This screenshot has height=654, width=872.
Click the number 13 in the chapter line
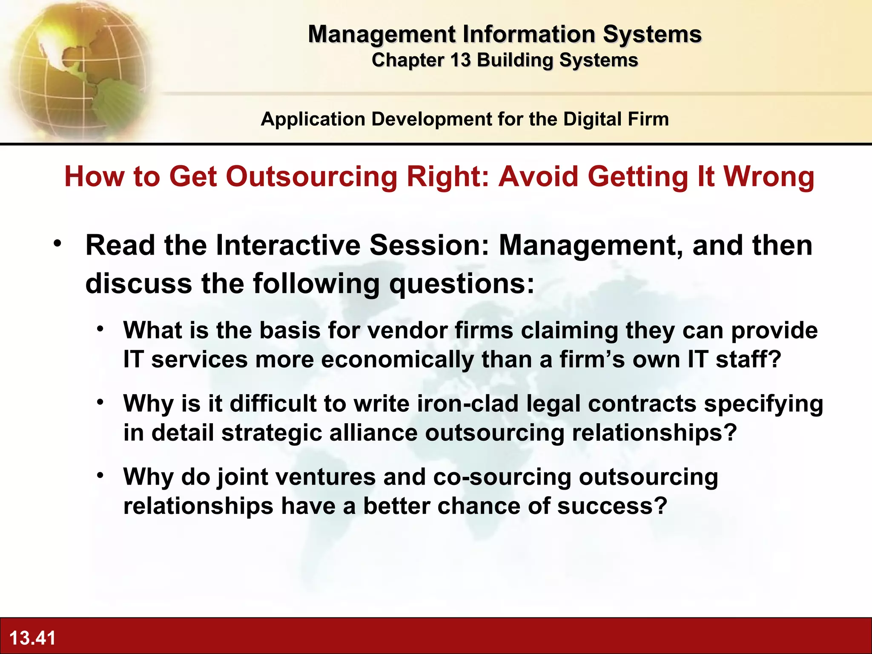[460, 60]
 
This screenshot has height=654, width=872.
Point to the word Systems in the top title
[652, 34]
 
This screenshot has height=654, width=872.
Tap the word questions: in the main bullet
[462, 284]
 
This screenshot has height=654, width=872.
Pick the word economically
[397, 360]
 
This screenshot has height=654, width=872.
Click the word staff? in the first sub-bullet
[749, 360]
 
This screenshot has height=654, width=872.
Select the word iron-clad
[467, 404]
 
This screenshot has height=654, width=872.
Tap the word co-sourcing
[502, 477]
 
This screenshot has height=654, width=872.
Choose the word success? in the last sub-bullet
[612, 506]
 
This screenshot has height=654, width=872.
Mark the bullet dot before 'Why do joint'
[100, 475]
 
